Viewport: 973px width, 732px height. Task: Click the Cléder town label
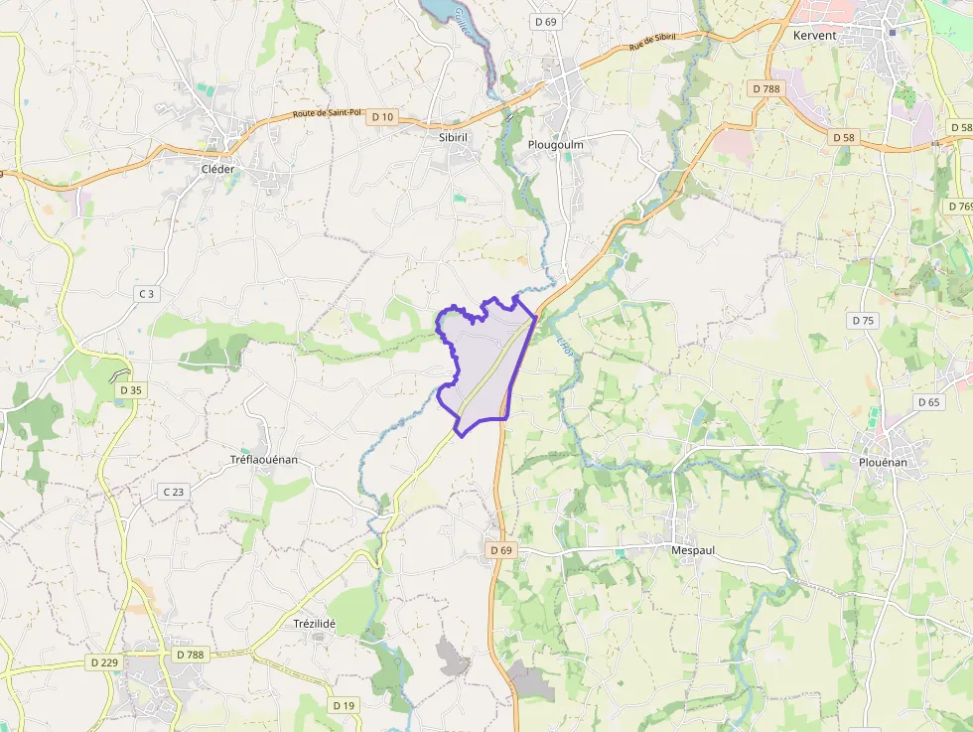(218, 169)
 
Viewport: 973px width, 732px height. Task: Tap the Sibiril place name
(459, 137)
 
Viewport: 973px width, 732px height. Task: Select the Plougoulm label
(555, 145)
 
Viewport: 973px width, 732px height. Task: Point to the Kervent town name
(814, 36)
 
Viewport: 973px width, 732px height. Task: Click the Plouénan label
(882, 462)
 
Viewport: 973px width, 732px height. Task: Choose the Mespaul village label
(693, 549)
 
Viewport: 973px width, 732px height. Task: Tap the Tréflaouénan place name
(264, 460)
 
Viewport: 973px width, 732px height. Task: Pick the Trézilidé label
(315, 624)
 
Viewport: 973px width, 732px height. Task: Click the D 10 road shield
(382, 117)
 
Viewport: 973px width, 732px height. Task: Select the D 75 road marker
(863, 321)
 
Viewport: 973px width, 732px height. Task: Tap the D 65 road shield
(928, 402)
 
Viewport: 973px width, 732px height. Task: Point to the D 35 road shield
(131, 390)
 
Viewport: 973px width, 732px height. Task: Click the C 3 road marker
(146, 293)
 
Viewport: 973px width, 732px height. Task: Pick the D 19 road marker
(344, 705)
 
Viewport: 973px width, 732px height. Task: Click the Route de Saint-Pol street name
(327, 113)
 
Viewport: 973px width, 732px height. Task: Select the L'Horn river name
(566, 346)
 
